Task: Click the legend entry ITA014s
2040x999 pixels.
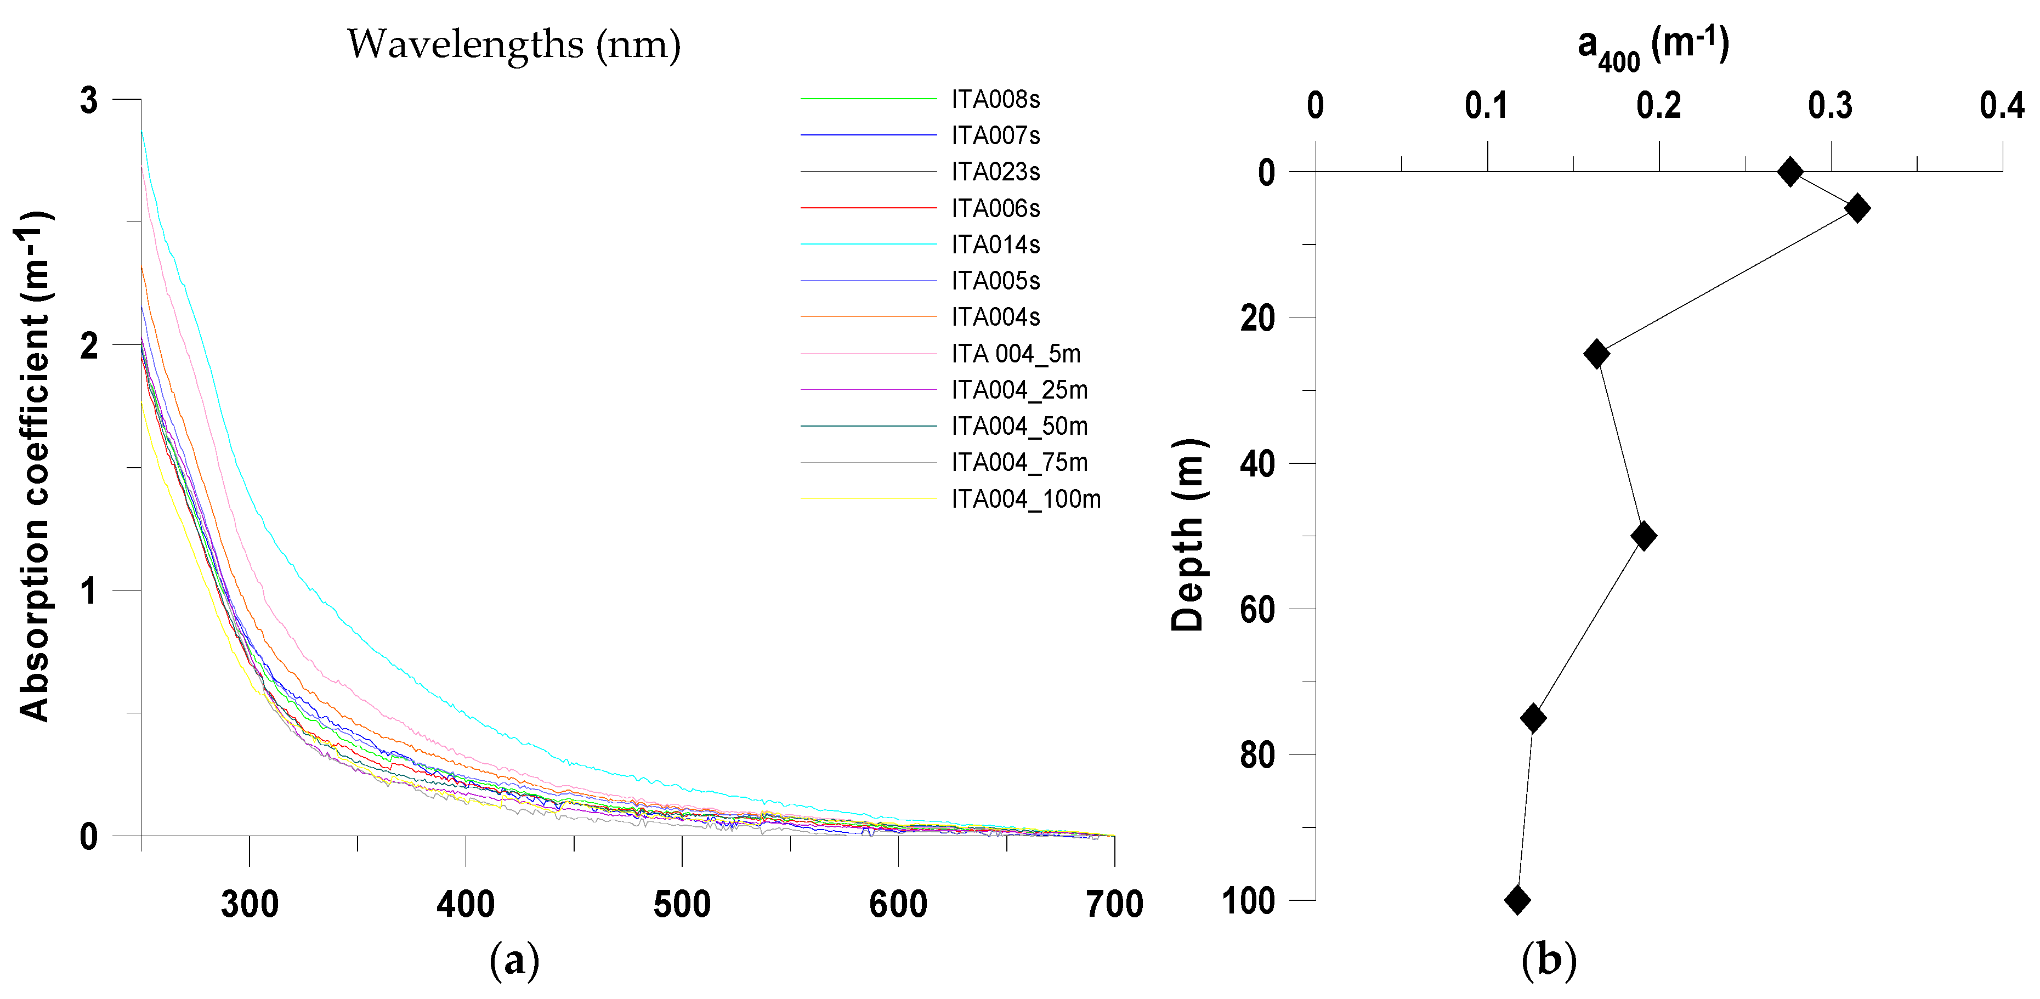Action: tap(995, 245)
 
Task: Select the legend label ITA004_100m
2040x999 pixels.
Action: tap(1025, 499)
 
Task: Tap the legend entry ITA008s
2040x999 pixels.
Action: tap(995, 100)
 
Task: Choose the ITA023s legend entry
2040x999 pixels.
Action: tap(995, 172)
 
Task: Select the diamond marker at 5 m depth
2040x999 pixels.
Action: tap(1857, 208)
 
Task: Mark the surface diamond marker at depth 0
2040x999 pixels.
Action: tap(1790, 172)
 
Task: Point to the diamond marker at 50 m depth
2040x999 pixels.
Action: tap(1644, 536)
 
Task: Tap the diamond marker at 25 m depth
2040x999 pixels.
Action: tap(1596, 353)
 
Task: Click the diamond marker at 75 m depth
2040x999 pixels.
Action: tap(1533, 718)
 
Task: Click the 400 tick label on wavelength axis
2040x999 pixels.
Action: tap(466, 904)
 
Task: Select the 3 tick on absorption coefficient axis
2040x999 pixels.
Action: tap(89, 100)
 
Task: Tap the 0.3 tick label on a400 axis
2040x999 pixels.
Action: tap(1830, 106)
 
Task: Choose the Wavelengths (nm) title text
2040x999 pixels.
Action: tap(513, 44)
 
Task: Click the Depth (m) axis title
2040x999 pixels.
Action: tap(1188, 535)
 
